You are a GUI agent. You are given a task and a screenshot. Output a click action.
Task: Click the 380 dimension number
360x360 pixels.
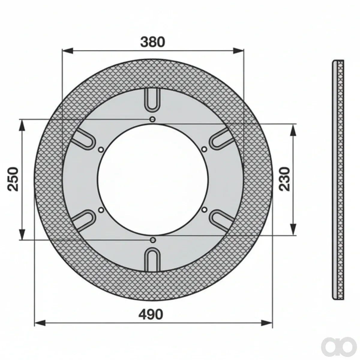tap(153, 42)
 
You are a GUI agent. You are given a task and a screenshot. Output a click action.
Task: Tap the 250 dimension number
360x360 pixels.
tap(13, 179)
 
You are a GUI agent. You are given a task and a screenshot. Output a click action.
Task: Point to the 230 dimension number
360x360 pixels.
tap(284, 179)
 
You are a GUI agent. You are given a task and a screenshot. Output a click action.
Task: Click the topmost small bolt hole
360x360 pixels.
tap(153, 119)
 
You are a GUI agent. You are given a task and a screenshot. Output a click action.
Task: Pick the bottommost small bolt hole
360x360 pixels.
tap(153, 240)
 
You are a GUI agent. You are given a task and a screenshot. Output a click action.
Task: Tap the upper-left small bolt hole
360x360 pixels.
tap(101, 150)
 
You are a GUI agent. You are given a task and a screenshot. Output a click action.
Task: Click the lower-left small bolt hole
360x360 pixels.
tap(101, 210)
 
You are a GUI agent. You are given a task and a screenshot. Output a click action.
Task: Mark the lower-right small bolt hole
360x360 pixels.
tap(205, 209)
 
